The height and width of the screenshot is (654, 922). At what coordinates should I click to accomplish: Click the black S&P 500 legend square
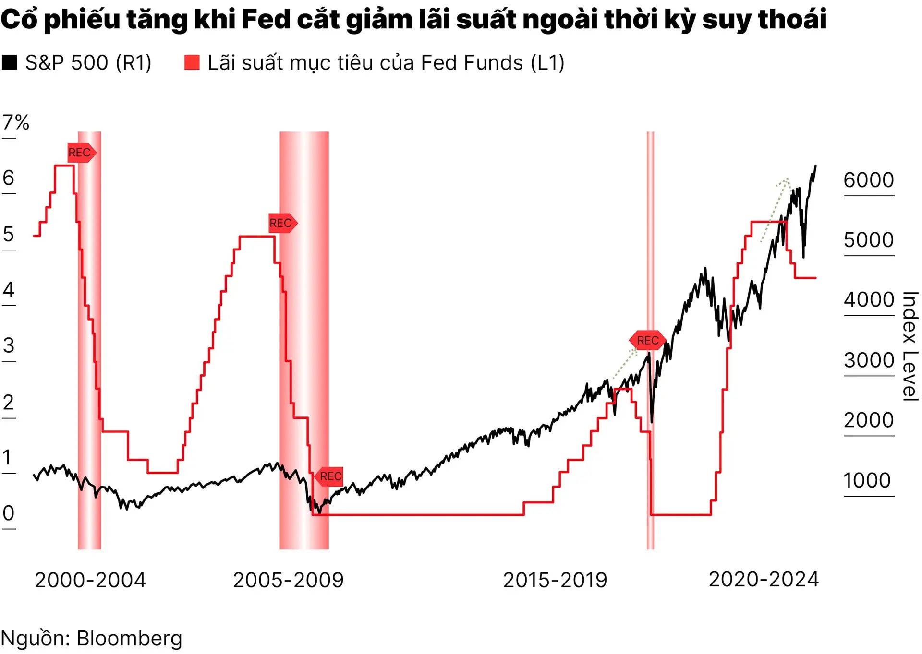(x=10, y=62)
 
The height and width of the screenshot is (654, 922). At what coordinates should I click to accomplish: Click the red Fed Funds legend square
(x=192, y=62)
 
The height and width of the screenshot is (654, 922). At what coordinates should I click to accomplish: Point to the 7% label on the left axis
(x=16, y=123)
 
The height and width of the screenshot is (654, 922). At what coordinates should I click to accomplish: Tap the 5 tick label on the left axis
(x=9, y=235)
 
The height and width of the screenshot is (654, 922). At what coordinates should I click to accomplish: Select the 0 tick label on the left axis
(x=9, y=513)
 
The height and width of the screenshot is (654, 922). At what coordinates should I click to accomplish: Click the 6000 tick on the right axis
(x=869, y=180)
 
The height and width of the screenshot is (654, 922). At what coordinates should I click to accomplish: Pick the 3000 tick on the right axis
(x=869, y=360)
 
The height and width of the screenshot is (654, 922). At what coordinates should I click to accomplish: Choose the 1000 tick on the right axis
(x=867, y=480)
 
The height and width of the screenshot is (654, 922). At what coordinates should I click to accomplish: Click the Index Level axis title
(x=910, y=346)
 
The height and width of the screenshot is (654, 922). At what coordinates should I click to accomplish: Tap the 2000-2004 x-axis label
(x=90, y=580)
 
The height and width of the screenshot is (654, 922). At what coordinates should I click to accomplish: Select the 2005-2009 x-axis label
(x=289, y=580)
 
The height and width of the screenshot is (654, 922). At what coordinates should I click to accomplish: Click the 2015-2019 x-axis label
(x=555, y=580)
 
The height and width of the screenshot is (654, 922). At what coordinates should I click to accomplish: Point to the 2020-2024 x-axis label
(x=764, y=579)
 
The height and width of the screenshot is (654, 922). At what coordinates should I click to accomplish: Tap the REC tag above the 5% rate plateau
(x=282, y=223)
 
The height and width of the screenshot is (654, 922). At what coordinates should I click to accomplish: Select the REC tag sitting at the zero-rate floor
(x=330, y=476)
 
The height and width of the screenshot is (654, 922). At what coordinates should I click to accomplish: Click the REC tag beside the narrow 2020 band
(x=647, y=340)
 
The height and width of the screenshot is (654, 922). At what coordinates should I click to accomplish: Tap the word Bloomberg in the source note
(x=130, y=639)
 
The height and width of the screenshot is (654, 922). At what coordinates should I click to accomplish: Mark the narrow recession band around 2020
(x=650, y=432)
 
